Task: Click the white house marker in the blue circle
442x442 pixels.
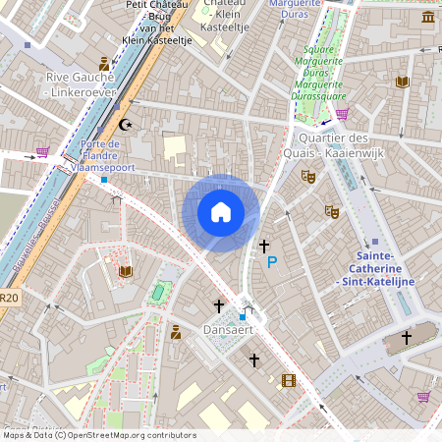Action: coord(221,211)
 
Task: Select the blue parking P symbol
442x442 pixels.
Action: coord(272,262)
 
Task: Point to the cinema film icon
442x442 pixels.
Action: coord(288,380)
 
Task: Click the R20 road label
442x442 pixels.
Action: coord(8,299)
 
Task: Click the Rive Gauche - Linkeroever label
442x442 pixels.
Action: coord(81,83)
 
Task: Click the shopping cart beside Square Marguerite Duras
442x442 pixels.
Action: coord(341,114)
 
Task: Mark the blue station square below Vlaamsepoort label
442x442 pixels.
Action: coord(104,179)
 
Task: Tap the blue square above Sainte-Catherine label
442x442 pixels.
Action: coord(375,242)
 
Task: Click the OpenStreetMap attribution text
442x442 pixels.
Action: coord(98,435)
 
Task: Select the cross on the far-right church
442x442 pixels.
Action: coord(406,338)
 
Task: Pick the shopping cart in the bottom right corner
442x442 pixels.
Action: coord(423,397)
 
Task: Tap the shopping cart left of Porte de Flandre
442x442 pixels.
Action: coord(42,152)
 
